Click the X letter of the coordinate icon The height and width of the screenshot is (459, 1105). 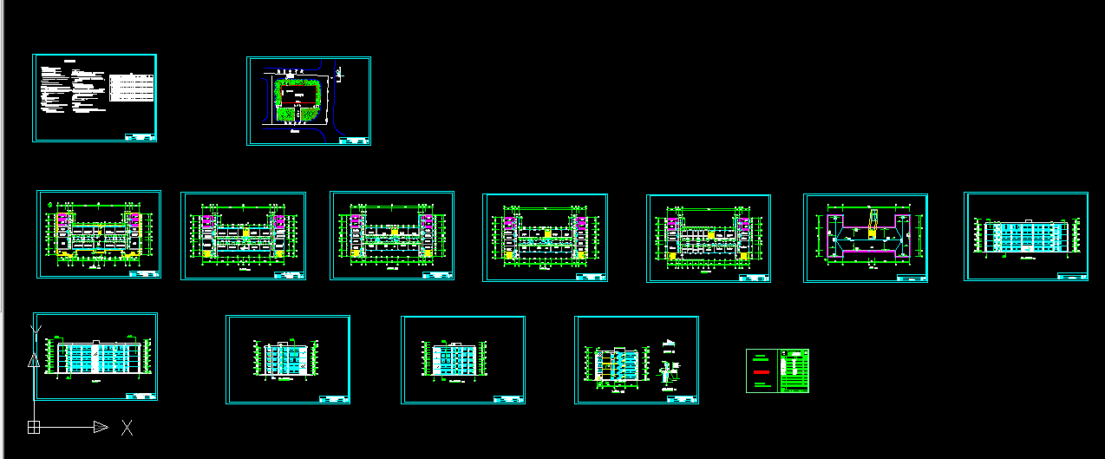[127, 427]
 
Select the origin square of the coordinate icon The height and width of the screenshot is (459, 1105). [33, 427]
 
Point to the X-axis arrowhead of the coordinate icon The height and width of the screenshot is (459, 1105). [100, 427]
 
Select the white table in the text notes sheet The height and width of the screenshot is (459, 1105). [132, 88]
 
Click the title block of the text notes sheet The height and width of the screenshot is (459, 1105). [140, 136]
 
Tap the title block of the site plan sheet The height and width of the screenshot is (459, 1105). [353, 140]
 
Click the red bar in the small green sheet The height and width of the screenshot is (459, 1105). [761, 371]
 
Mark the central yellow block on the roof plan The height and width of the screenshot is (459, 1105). [869, 233]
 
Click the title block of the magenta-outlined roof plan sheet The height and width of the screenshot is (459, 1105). [911, 278]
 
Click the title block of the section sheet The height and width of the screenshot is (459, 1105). [681, 399]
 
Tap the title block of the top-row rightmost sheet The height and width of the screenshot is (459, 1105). [1071, 276]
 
